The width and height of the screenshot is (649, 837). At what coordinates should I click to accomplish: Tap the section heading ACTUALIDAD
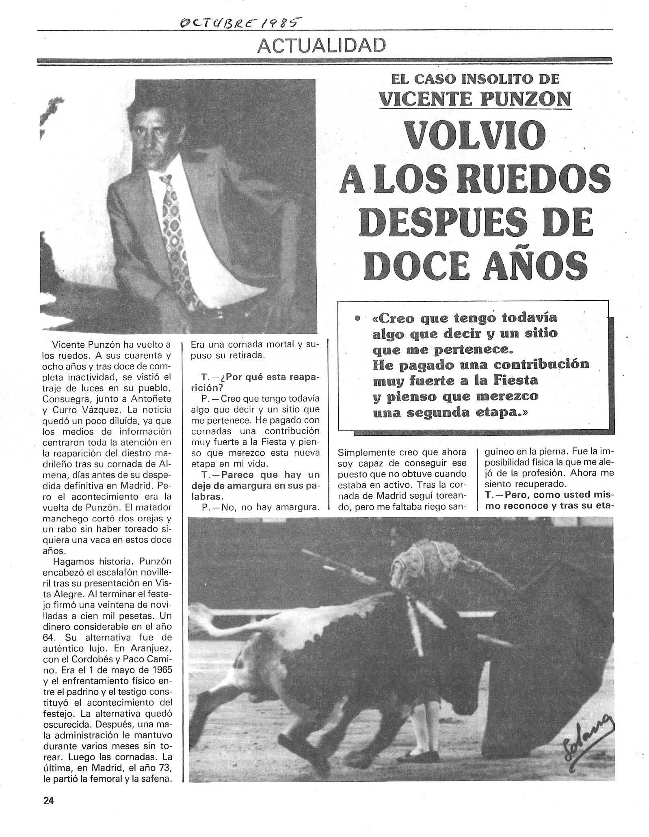tap(321, 46)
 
